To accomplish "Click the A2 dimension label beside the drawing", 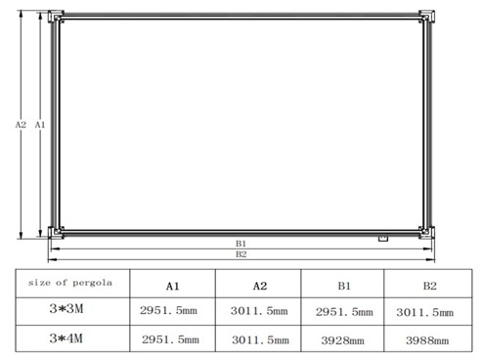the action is pos(21,124).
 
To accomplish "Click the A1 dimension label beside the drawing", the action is pos(40,124).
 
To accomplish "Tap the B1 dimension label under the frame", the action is pos(241,244).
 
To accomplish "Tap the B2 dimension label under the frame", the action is pos(241,254).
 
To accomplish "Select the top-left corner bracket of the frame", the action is pos(56,17).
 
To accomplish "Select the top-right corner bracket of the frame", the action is pos(426,17).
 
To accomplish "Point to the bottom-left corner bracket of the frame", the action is pos(56,233).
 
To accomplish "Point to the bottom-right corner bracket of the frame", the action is pos(426,233).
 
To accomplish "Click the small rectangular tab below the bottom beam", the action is pos(383,239).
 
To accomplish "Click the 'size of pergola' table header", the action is pos(70,283).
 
